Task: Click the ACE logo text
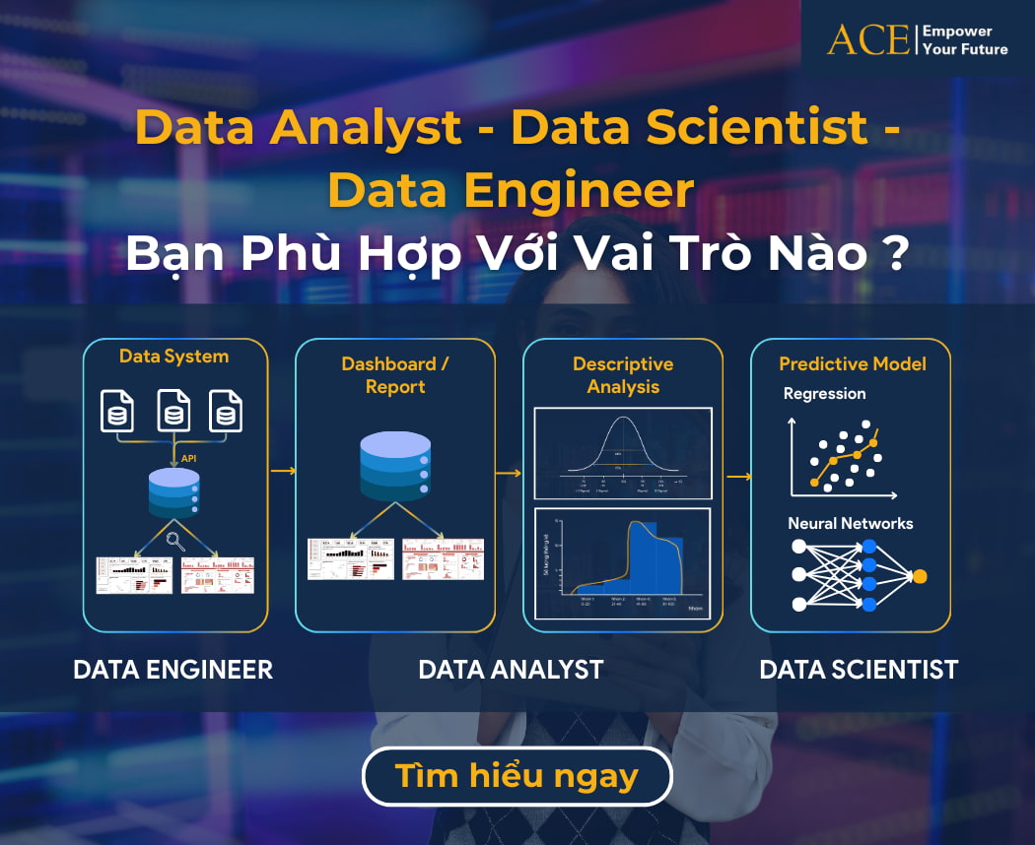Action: pos(867,39)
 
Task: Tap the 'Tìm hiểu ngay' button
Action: pos(517,776)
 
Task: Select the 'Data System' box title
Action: pos(173,357)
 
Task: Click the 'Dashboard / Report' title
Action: pos(394,375)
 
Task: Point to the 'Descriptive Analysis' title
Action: pos(623,375)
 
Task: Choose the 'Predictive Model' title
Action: pos(853,363)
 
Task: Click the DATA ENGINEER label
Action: pos(172,670)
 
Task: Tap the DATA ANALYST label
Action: pos(511,670)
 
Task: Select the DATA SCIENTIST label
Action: pos(859,670)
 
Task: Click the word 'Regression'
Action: pos(824,394)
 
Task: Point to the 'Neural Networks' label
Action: pos(850,523)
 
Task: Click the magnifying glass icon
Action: pos(176,539)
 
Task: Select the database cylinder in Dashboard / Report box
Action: pos(395,466)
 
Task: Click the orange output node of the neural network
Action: pos(920,576)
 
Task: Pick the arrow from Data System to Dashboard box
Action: pos(283,471)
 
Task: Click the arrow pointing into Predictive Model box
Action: pos(738,478)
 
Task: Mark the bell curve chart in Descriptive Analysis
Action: pos(623,453)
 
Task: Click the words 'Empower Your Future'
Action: pos(964,39)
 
